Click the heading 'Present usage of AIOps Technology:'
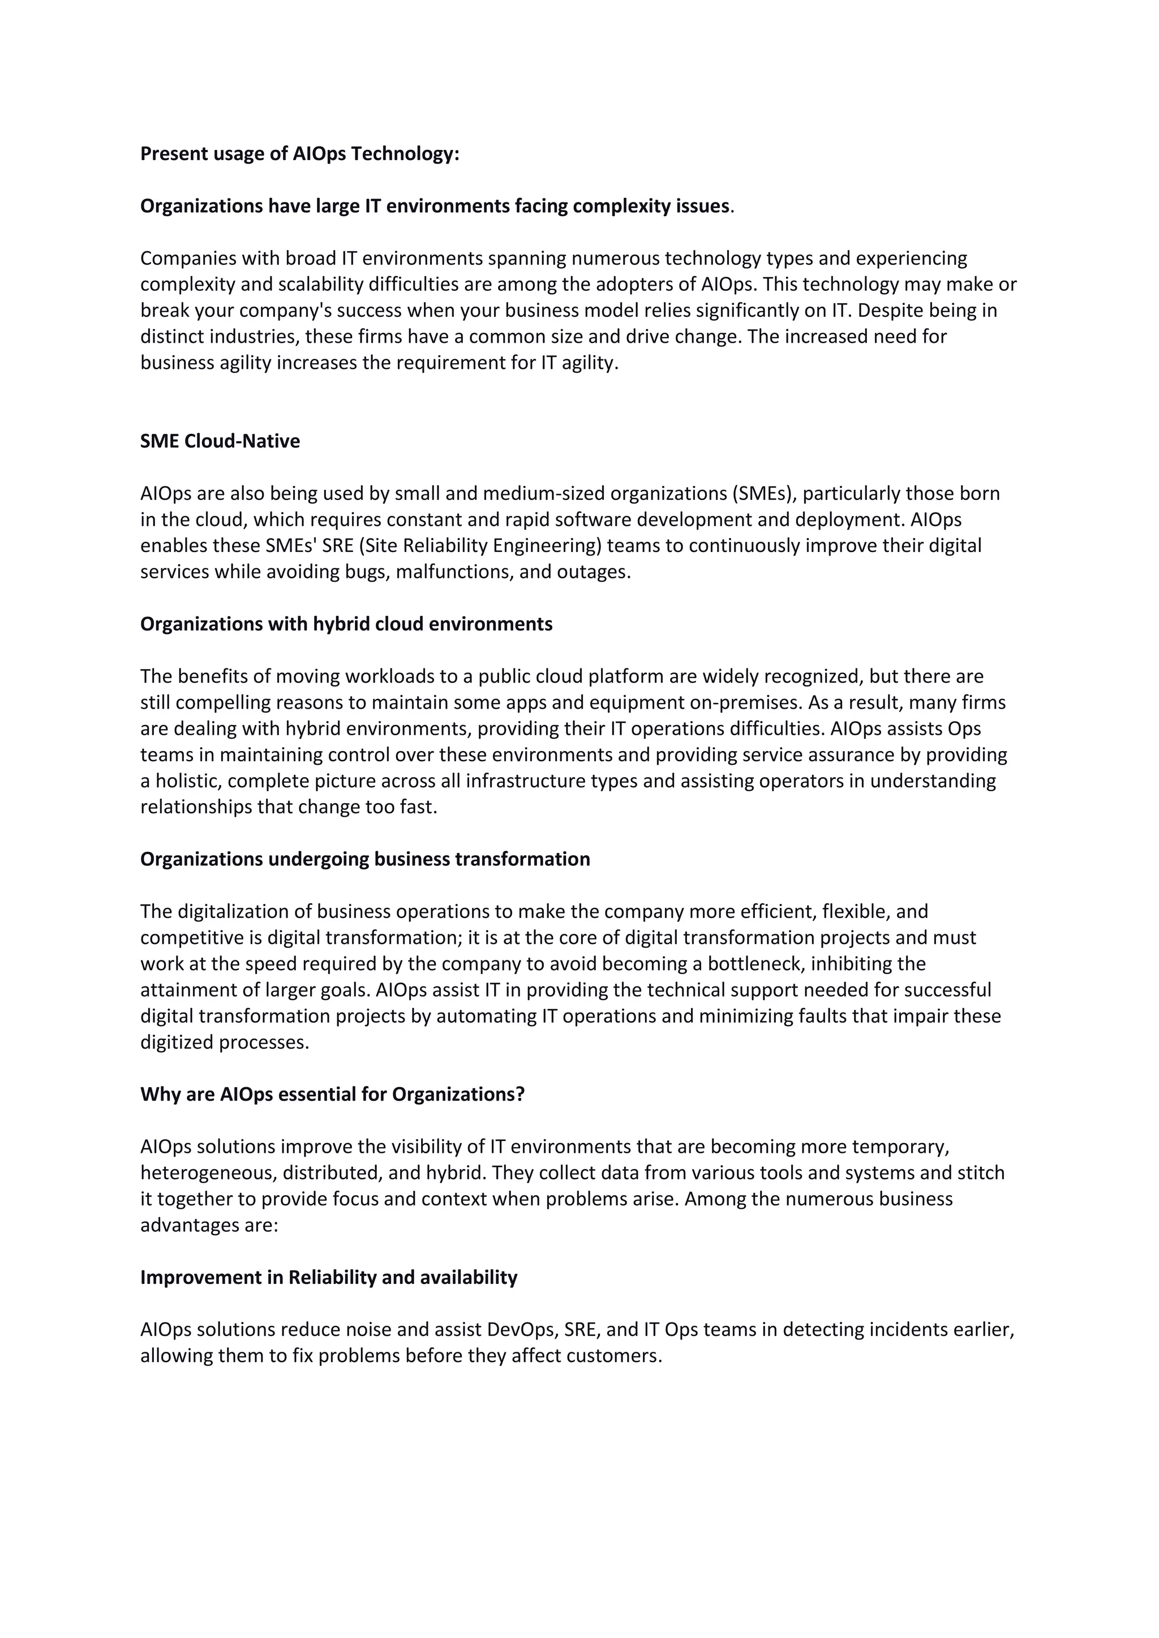point(300,154)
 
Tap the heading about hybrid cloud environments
point(346,624)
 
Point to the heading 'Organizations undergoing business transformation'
point(364,859)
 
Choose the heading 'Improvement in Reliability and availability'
point(328,1277)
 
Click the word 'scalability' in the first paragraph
point(320,285)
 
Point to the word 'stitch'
point(981,1173)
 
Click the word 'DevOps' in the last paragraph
point(520,1330)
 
